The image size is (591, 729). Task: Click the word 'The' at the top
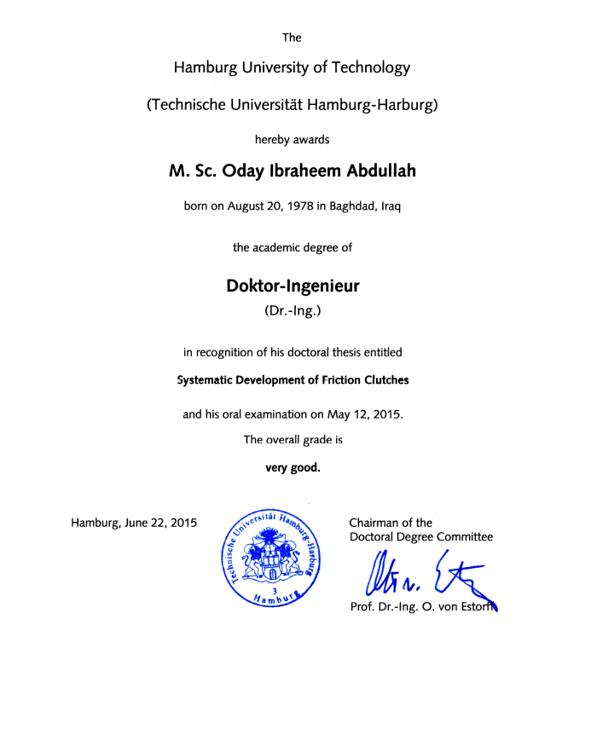coord(292,38)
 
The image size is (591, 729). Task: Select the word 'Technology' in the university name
coord(368,67)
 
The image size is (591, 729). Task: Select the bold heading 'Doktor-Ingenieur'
coord(293,286)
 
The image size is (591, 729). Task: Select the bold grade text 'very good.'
coord(293,468)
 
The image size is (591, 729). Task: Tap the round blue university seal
coord(270,559)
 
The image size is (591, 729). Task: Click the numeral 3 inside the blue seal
coord(274,591)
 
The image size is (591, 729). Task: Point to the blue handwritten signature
coord(422,575)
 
